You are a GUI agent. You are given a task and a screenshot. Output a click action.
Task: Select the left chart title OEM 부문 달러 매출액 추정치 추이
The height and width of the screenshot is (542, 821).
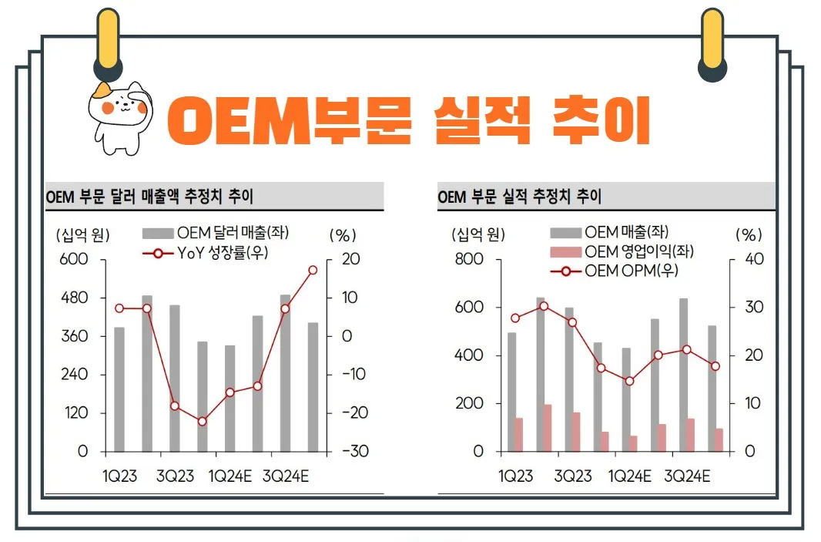[149, 197]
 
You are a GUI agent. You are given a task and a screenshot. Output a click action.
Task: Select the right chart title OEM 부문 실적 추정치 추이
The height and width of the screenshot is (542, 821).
[519, 197]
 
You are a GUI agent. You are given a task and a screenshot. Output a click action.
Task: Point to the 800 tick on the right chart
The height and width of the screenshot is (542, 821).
[468, 259]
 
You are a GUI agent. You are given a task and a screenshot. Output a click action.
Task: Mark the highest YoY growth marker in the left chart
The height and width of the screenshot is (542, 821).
[313, 270]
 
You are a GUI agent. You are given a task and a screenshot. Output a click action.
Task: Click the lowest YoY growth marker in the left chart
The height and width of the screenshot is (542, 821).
[202, 422]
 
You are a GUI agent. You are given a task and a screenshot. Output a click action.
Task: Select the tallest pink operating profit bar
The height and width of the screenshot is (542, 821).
[547, 428]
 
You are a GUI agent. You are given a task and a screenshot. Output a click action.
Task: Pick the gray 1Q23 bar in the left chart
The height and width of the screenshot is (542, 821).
[119, 389]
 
